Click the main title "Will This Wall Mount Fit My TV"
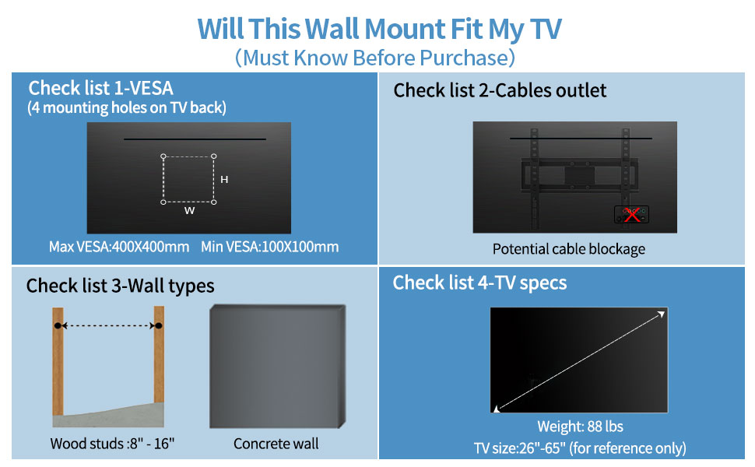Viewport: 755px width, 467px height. [x=379, y=29]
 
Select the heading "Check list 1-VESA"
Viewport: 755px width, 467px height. [x=101, y=87]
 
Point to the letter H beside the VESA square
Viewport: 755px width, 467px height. [x=224, y=180]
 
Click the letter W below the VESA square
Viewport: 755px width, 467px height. [x=189, y=211]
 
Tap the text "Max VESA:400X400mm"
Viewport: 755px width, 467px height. [x=119, y=247]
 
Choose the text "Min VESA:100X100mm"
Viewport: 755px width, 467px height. [x=270, y=247]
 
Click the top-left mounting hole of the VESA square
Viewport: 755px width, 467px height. [x=163, y=156]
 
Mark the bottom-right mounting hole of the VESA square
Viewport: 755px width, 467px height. [x=214, y=202]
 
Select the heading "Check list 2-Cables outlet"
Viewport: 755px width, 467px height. [x=500, y=90]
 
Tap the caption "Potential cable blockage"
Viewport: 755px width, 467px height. [x=569, y=249]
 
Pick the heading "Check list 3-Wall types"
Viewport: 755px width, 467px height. [x=120, y=286]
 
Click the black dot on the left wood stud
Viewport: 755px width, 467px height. [x=58, y=325]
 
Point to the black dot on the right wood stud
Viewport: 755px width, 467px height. [x=159, y=325]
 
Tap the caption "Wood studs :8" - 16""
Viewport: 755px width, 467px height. [x=112, y=444]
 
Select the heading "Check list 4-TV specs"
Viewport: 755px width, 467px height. [x=479, y=283]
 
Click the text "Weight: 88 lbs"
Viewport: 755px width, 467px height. [x=580, y=427]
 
